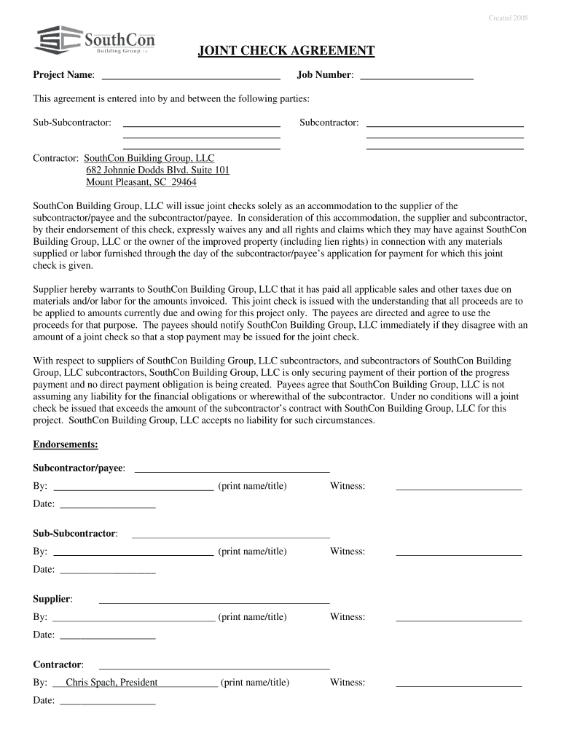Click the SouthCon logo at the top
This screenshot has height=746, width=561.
click(95, 39)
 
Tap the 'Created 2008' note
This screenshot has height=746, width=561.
click(509, 17)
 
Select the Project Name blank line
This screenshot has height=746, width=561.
click(191, 76)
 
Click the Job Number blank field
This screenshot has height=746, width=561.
click(417, 76)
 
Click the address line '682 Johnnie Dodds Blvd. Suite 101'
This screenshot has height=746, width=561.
click(157, 170)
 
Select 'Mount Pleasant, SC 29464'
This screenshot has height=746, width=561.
click(141, 182)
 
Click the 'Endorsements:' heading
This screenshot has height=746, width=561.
click(66, 444)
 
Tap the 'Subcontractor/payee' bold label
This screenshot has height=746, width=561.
click(78, 467)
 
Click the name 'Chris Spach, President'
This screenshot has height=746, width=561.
click(111, 683)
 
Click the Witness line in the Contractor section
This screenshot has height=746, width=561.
click(458, 686)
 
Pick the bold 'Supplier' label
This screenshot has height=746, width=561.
click(52, 599)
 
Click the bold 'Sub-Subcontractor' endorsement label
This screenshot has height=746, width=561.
click(74, 533)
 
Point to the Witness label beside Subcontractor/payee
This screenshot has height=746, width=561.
click(348, 486)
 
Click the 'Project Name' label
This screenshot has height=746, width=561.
click(63, 75)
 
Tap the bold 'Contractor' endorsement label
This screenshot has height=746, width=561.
click(57, 664)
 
